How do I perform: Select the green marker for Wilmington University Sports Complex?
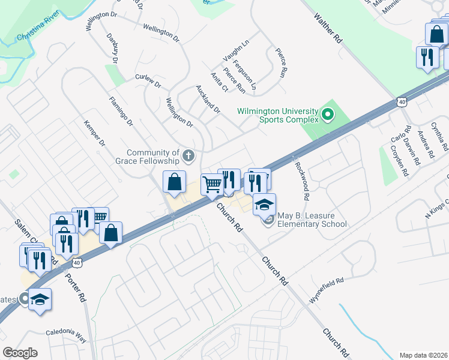tap(328, 113)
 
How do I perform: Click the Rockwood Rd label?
tap(302, 181)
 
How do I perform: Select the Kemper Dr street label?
tap(95, 134)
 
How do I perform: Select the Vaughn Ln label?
tap(236, 50)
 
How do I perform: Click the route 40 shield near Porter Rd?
tap(76, 263)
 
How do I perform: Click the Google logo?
tap(20, 353)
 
